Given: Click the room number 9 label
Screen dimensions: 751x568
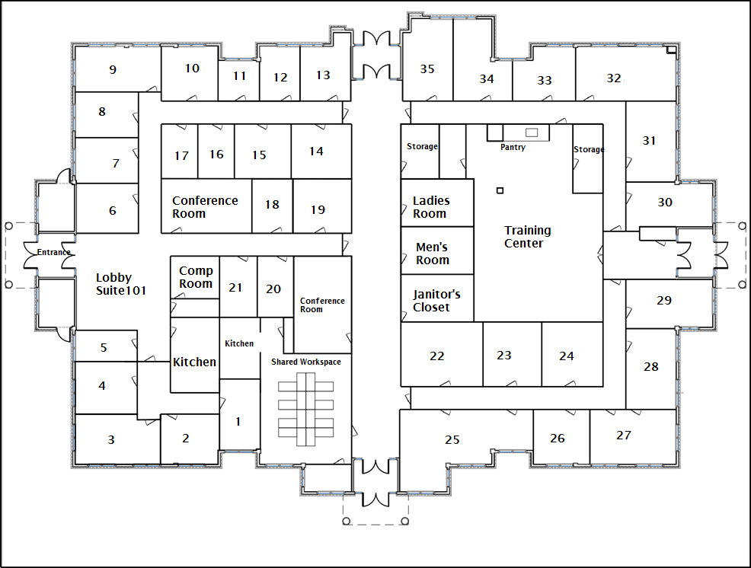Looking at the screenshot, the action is coord(113,70).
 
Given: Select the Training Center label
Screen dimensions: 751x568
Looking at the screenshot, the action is coord(527,237).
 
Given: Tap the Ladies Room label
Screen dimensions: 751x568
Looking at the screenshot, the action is coord(431,207).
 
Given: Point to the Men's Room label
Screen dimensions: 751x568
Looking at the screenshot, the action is coord(432,254).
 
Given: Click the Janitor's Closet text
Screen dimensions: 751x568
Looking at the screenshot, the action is coord(436,300).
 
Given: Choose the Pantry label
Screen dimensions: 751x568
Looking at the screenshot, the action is coord(513,147).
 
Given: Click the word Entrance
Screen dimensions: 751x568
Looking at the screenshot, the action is coord(53,252).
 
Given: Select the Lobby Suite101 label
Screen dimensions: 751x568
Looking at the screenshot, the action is coord(120,284).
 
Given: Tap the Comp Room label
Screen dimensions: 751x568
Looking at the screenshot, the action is coord(196,277).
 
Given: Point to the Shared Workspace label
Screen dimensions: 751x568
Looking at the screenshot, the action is coord(306,362).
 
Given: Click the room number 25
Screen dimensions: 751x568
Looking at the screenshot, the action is coord(452,439).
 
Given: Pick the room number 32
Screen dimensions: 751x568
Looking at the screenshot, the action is coord(614,78).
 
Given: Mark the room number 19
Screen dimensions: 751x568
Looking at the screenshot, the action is coord(318,210).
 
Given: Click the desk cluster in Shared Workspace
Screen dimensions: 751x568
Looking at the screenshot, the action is coord(305,409).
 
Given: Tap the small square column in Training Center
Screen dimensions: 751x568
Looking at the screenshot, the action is coord(500,190).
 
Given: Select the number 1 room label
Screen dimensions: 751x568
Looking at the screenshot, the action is coord(238,422).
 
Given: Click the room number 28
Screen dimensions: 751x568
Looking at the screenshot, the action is coord(651,367).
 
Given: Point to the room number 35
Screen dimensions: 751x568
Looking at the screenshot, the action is coord(427,69).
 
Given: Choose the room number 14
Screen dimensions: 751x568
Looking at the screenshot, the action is coord(316,152).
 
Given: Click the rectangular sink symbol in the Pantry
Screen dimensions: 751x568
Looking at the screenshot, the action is coord(532,132).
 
